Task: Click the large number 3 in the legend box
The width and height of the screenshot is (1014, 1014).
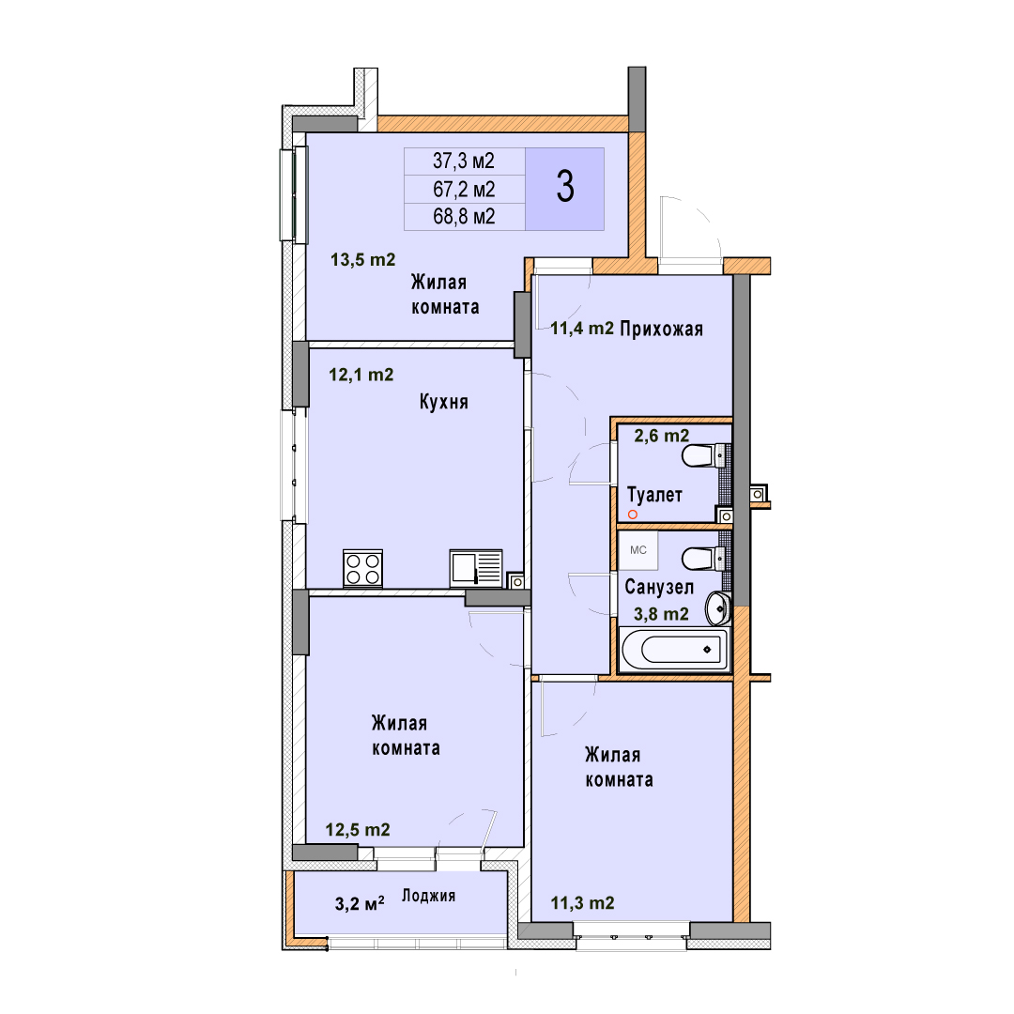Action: [565, 187]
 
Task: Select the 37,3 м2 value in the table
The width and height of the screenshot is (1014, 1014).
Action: [464, 161]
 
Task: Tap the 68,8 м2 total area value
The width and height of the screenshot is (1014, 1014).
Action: [464, 216]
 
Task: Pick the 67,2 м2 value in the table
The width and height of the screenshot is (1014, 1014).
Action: [464, 189]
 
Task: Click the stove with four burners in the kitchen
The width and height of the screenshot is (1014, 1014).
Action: [362, 568]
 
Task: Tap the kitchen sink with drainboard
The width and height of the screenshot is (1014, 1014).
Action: [476, 568]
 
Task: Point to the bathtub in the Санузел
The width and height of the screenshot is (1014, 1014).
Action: [674, 650]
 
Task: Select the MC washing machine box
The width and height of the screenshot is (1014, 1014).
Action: [638, 550]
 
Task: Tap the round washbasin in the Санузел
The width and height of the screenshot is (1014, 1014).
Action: [717, 608]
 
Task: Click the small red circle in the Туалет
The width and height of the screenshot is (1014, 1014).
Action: [633, 515]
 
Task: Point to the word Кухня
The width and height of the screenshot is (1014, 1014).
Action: [443, 402]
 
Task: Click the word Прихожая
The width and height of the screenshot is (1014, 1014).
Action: [662, 330]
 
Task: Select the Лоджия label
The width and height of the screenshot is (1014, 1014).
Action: [429, 896]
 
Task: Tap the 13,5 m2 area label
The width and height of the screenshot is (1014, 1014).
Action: [362, 260]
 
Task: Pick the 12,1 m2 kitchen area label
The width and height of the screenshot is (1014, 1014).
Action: [361, 375]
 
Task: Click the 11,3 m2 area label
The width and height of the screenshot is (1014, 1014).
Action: [583, 903]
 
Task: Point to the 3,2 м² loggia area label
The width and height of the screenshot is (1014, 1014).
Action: [360, 903]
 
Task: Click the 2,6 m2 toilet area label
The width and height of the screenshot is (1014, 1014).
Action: [662, 436]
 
